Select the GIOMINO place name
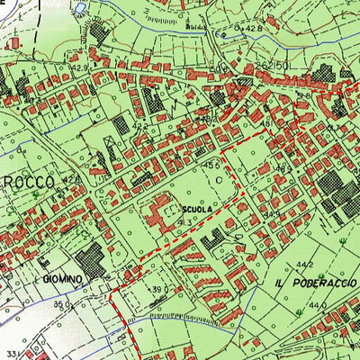click(x=62, y=280)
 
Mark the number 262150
click(x=271, y=67)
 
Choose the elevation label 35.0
click(x=61, y=306)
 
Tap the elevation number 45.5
click(x=212, y=166)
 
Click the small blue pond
click(x=79, y=8)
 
